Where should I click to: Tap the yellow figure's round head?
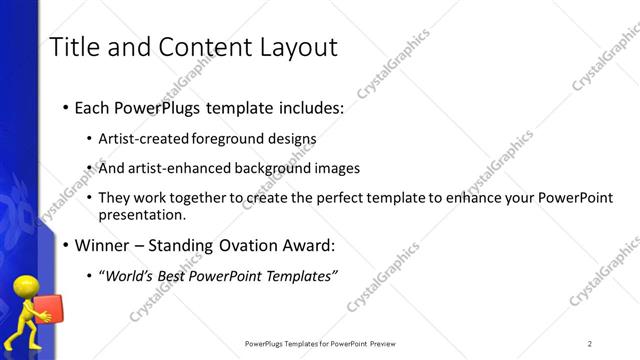point(23,289)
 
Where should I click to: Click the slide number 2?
point(590,344)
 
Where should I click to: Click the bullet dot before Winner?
point(66,245)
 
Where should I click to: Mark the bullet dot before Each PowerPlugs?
point(66,107)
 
